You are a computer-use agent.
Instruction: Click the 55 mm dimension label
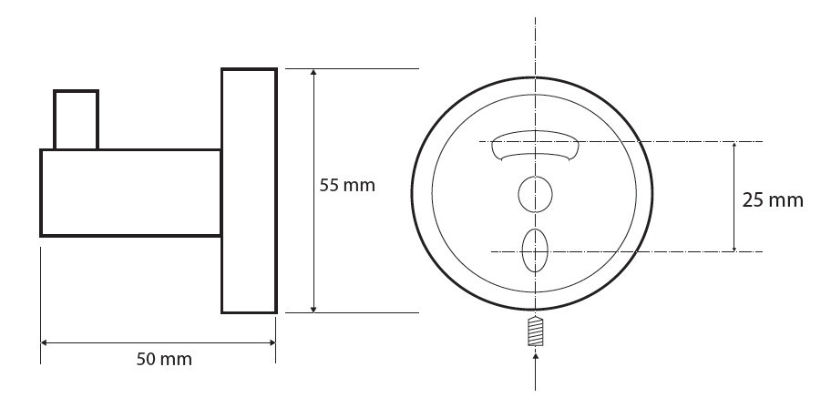click(x=347, y=186)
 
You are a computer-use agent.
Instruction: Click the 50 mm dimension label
click(x=164, y=359)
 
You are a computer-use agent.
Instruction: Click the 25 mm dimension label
click(x=773, y=200)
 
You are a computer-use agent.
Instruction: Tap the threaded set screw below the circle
click(x=536, y=331)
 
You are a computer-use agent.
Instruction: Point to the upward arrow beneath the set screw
click(x=535, y=372)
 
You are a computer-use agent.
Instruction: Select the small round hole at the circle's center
click(x=535, y=195)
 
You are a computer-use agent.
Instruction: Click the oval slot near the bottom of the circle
click(x=535, y=250)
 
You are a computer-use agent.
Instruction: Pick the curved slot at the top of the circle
click(x=534, y=145)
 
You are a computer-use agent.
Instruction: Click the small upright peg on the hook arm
click(x=77, y=119)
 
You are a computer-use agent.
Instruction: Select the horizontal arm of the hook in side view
click(x=130, y=193)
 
